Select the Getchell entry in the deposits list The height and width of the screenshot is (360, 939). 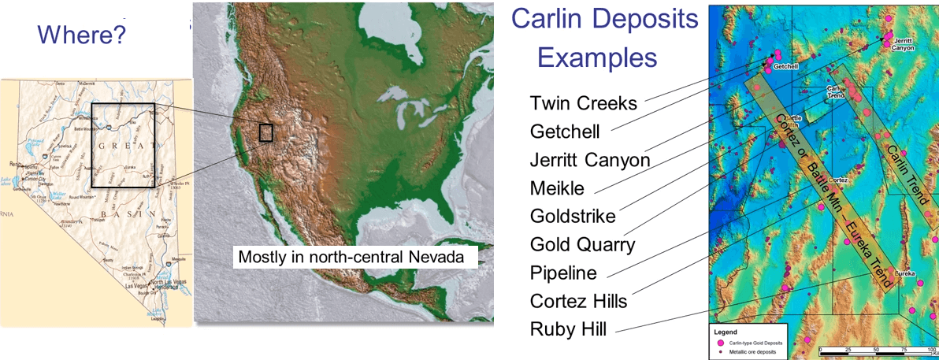coord(565,132)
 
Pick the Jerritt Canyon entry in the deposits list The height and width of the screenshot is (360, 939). coord(590,160)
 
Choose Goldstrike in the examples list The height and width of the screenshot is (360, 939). coord(573,216)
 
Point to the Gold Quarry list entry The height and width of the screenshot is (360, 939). coord(582,244)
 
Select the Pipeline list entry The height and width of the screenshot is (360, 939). coord(563,273)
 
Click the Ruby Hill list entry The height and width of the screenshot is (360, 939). coord(568,328)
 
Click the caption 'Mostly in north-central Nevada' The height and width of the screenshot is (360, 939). coord(358,258)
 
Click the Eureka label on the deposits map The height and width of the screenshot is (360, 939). coord(904,274)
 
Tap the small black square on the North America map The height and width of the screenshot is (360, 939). coord(265,132)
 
